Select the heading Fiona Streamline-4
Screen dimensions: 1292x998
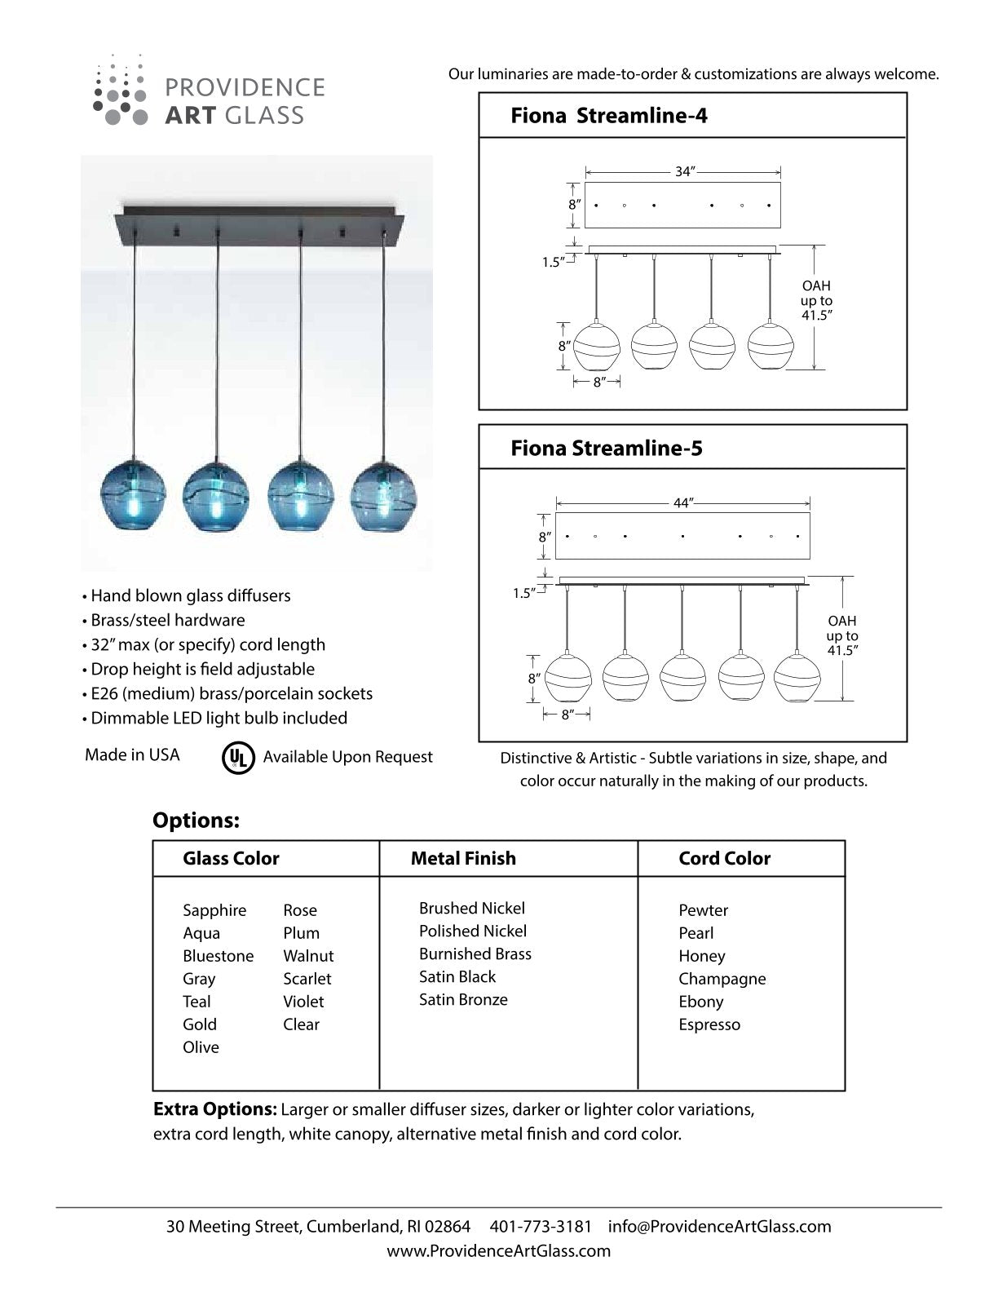[x=608, y=116]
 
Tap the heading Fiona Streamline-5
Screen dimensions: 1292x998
[x=606, y=448]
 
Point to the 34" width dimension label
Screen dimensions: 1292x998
[x=684, y=171]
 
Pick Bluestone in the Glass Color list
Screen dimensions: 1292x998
[x=218, y=956]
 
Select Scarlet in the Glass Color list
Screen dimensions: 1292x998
[x=307, y=979]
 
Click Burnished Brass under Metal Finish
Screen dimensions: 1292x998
[x=475, y=954]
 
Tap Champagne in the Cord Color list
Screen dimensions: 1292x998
[x=722, y=979]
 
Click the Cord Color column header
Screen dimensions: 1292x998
[x=724, y=858]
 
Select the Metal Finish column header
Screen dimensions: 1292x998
[x=463, y=858]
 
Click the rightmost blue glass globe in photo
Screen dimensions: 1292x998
[x=378, y=498]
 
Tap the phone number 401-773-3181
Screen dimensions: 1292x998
[x=541, y=1226]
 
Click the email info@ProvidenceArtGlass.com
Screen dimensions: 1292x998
[x=719, y=1226]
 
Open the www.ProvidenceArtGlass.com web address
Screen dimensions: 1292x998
[x=498, y=1250]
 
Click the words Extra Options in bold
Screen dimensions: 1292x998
[x=215, y=1109]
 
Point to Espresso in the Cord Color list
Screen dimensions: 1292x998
[x=709, y=1024]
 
